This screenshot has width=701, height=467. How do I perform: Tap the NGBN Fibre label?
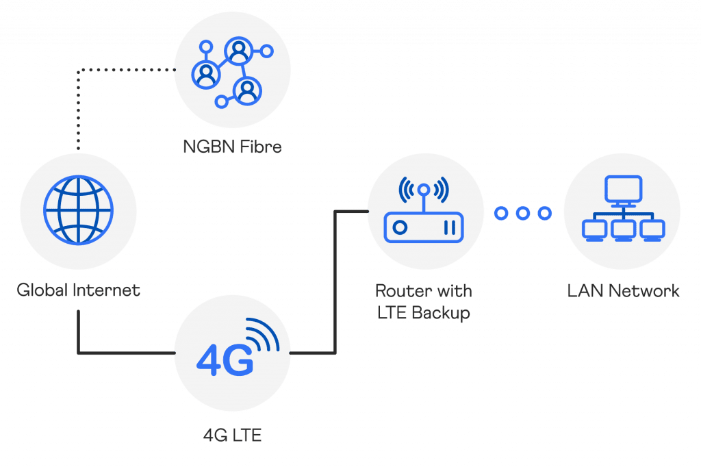232,147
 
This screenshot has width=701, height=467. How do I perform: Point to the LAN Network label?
623,290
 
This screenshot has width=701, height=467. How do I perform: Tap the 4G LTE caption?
232,434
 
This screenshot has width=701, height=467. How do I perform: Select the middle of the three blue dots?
523,213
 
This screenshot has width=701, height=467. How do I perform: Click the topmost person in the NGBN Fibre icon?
237,50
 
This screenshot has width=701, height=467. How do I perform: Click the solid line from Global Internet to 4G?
79,336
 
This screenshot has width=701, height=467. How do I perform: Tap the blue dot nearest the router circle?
501,213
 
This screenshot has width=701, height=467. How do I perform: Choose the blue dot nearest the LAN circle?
545,213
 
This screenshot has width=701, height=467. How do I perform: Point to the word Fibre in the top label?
260,147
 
